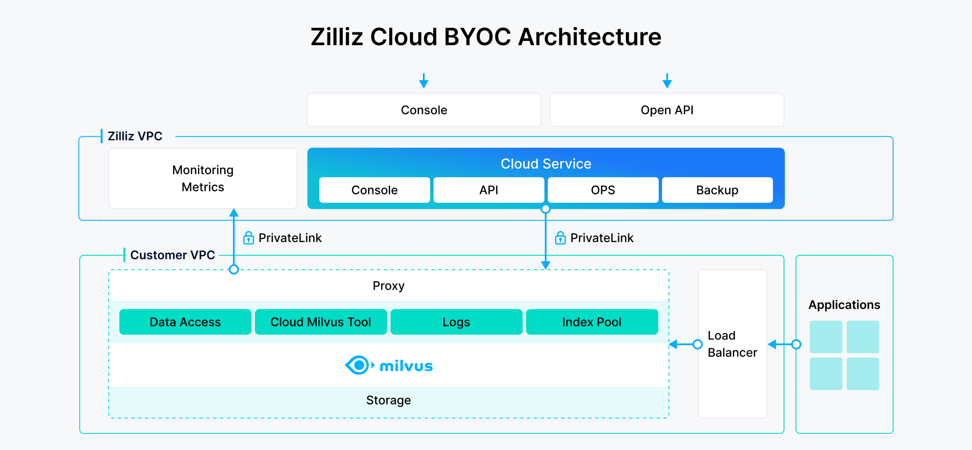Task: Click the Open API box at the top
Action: [x=667, y=110]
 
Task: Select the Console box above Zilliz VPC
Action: [x=424, y=110]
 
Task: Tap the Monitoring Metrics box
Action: [x=203, y=178]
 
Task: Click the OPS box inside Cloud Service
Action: [x=603, y=190]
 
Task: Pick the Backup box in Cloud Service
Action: [x=717, y=190]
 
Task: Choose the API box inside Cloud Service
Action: [x=489, y=190]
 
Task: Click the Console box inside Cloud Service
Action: [x=374, y=190]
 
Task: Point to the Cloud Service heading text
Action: [x=546, y=164]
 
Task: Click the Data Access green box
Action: [x=185, y=322]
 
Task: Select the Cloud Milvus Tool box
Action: [x=321, y=322]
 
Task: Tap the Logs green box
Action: [x=456, y=322]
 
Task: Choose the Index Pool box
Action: [x=592, y=322]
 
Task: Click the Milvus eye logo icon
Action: [x=359, y=365]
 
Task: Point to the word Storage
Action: [x=388, y=400]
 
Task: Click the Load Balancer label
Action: [x=732, y=344]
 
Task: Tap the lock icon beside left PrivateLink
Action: [x=249, y=238]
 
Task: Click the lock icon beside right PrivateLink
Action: [x=560, y=238]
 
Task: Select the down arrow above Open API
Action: [x=667, y=81]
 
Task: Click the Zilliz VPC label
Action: [x=135, y=136]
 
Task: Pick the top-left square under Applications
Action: [x=826, y=337]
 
